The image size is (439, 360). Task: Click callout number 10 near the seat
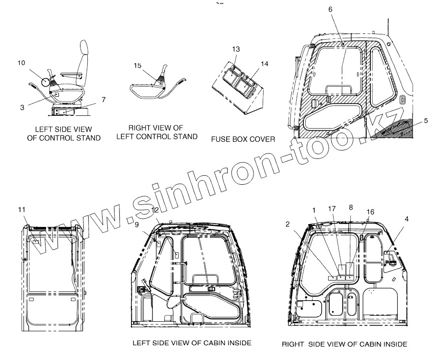tap(21, 63)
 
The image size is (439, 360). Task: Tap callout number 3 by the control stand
tap(22, 108)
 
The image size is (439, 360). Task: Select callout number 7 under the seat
tap(104, 99)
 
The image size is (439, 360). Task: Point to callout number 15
tap(138, 66)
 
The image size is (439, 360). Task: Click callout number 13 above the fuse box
tap(236, 49)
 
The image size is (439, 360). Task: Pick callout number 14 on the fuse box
tap(265, 64)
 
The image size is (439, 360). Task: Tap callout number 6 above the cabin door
tap(344, 9)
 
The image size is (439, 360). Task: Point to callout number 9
tap(137, 224)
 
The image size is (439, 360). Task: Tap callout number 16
tap(370, 212)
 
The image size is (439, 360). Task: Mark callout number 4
tap(407, 219)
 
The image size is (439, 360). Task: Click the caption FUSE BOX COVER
tap(243, 139)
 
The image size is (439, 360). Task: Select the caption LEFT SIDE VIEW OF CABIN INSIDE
tap(192, 343)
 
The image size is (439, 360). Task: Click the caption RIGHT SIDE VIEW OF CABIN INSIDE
tap(344, 344)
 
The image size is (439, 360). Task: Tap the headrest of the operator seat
tap(84, 49)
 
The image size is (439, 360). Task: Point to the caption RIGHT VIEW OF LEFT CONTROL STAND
tap(157, 132)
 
